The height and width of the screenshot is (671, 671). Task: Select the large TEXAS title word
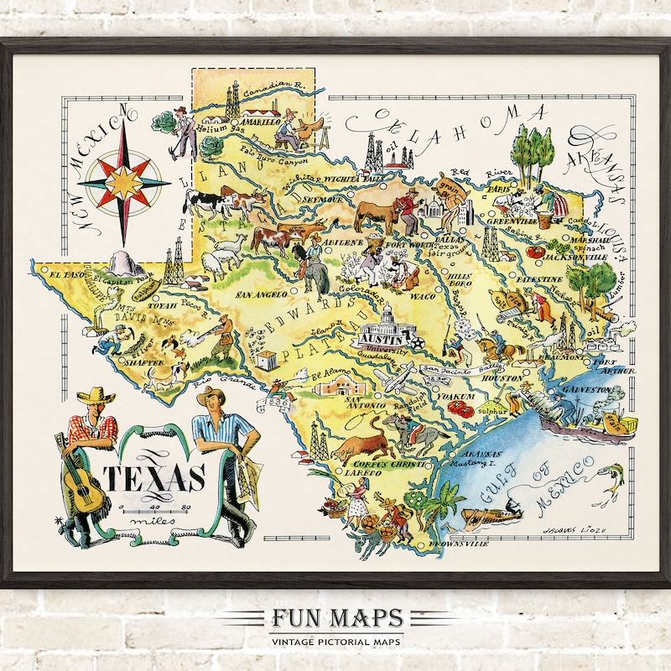click(x=154, y=479)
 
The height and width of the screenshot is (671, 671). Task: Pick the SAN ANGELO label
click(x=264, y=294)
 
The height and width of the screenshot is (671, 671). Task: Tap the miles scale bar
click(x=156, y=509)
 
